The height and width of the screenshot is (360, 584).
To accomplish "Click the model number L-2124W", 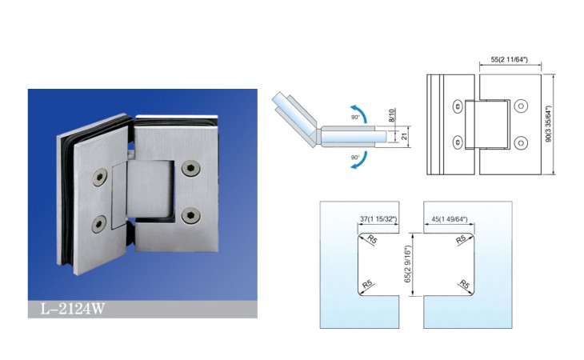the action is click(73, 309).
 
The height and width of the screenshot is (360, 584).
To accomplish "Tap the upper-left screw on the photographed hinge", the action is click(100, 178).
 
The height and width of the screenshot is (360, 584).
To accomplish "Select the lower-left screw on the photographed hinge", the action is click(98, 224).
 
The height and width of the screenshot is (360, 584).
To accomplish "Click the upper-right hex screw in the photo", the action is click(191, 168).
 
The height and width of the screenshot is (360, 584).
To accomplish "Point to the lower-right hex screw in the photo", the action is click(191, 215).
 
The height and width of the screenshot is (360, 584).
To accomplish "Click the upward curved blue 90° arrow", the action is click(359, 113).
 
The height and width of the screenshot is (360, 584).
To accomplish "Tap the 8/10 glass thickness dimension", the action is click(391, 115).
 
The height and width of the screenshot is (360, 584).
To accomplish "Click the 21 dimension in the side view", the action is click(405, 136).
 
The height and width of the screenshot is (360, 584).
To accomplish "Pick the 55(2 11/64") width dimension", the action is click(509, 59).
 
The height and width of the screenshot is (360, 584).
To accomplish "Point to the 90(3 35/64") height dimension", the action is click(548, 124).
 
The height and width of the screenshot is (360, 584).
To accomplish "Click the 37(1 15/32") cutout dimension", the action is click(378, 219).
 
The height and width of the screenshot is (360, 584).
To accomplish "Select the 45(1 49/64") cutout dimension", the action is click(449, 219).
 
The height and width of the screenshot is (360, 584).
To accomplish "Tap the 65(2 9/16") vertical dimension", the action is click(407, 264).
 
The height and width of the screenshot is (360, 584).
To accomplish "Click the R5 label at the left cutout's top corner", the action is click(372, 239).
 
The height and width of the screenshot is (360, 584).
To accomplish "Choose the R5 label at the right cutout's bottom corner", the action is click(465, 285).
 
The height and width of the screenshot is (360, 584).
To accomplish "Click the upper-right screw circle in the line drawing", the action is click(521, 106).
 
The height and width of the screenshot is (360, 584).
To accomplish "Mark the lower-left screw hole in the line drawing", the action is click(458, 142).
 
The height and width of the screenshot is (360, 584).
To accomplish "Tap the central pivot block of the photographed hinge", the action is click(150, 189).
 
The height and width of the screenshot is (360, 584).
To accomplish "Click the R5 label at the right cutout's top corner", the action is click(461, 240).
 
